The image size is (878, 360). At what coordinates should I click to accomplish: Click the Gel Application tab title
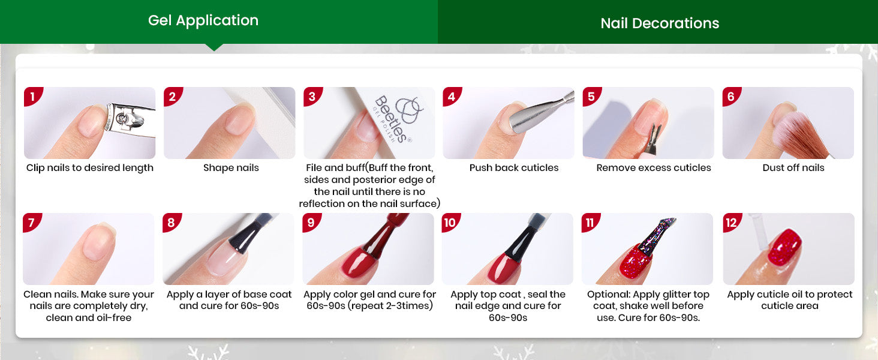click(x=203, y=20)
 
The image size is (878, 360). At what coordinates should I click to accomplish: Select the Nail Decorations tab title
click(x=660, y=23)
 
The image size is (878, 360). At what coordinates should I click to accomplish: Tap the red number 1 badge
click(x=33, y=97)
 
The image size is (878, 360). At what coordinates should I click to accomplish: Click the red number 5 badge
click(x=591, y=97)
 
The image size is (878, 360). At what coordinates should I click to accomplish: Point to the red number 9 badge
click(x=311, y=223)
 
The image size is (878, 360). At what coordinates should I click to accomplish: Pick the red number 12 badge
click(x=732, y=223)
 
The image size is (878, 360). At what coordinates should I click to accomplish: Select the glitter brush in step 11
click(x=657, y=236)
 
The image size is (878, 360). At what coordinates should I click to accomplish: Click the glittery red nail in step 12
click(x=784, y=248)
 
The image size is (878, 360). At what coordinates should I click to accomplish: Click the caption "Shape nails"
click(x=231, y=168)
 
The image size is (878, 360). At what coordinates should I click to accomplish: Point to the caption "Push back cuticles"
click(x=514, y=168)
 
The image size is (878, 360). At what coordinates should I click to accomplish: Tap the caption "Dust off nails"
click(x=793, y=168)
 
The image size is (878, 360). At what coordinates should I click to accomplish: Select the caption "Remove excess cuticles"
click(x=654, y=168)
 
